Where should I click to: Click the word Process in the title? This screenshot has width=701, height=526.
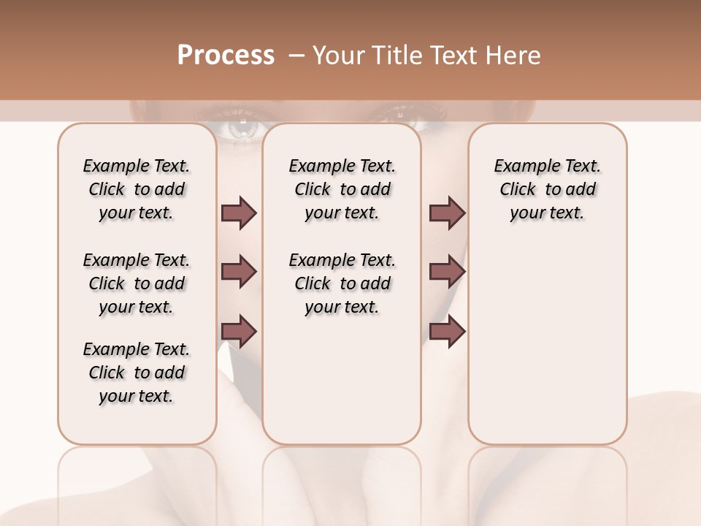point(226,56)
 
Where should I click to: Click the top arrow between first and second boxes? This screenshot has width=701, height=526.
point(239,213)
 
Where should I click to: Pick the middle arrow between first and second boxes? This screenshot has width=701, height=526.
point(239,272)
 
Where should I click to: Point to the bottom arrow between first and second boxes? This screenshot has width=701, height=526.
point(239,331)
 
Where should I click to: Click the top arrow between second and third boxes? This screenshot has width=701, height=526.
point(447,213)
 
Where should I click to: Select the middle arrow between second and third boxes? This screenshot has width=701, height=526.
point(447,272)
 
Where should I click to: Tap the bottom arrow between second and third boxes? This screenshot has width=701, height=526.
point(447,331)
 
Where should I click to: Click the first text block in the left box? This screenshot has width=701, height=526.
point(137,189)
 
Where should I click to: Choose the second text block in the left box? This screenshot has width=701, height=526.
point(137,283)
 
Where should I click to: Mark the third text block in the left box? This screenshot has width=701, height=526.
point(137,373)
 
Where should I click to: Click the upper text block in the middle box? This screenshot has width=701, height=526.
point(342,189)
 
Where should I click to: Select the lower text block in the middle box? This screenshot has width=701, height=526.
point(342,283)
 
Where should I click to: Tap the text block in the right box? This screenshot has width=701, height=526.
point(547,189)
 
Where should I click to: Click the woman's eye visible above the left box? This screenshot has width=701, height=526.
point(241,127)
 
